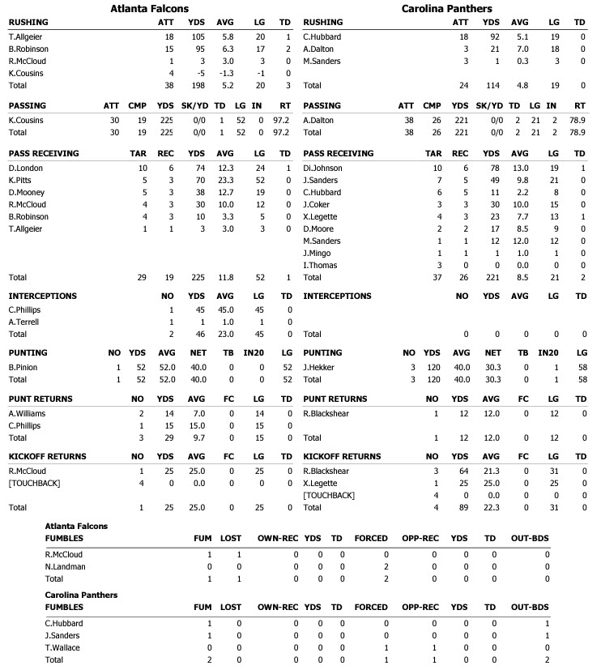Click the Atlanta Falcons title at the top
pyautogui.click(x=150, y=8)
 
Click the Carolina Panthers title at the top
pyautogui.click(x=446, y=8)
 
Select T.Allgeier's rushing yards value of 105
pyautogui.click(x=195, y=37)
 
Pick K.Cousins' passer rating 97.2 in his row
pyautogui.click(x=281, y=120)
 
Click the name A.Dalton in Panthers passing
pyautogui.click(x=318, y=120)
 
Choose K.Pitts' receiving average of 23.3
pyautogui.click(x=225, y=180)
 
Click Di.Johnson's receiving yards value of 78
pyautogui.click(x=490, y=168)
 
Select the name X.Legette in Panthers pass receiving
pyautogui.click(x=320, y=216)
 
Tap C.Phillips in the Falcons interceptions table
pyautogui.click(x=26, y=310)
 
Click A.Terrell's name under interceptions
pyautogui.click(x=24, y=322)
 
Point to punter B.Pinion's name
pyautogui.click(x=23, y=367)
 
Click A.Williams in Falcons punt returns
pyautogui.click(x=28, y=413)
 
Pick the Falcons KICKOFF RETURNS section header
pyautogui.click(x=47, y=456)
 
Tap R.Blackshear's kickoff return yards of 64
pyautogui.click(x=461, y=470)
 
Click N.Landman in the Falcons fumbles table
pyautogui.click(x=64, y=567)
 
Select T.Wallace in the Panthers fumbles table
pyautogui.click(x=63, y=648)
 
